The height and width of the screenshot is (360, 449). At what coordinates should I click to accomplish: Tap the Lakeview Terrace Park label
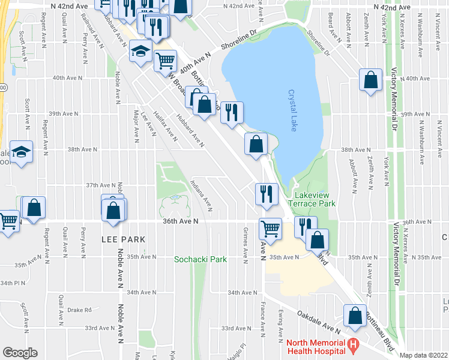tap(314, 199)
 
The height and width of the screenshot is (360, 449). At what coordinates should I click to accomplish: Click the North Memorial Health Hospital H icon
tap(354, 345)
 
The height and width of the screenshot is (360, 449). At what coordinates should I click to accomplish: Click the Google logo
tap(20, 353)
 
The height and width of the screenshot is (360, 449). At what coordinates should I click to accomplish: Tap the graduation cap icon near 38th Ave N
tap(21, 152)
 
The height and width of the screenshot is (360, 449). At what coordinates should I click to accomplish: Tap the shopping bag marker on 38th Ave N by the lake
tap(256, 144)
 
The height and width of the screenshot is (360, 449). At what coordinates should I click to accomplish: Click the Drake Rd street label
tap(79, 310)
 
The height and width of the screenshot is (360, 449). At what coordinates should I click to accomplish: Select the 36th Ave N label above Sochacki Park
tap(180, 221)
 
